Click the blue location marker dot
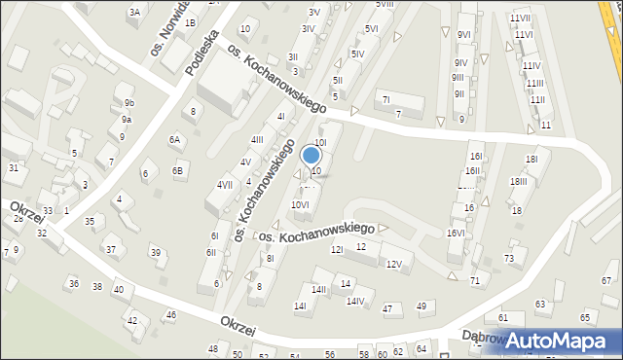(x=312, y=154)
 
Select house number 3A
(x=134, y=12)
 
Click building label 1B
(x=190, y=22)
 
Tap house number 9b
(x=128, y=102)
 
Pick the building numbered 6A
(x=175, y=139)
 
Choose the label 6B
(x=178, y=171)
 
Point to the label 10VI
(x=300, y=204)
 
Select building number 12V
(x=393, y=264)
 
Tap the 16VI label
(x=456, y=233)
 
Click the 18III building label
(x=518, y=181)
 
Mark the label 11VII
(x=520, y=18)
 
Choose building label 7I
(x=385, y=98)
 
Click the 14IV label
(x=355, y=301)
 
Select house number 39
(x=155, y=253)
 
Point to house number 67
(x=605, y=280)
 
